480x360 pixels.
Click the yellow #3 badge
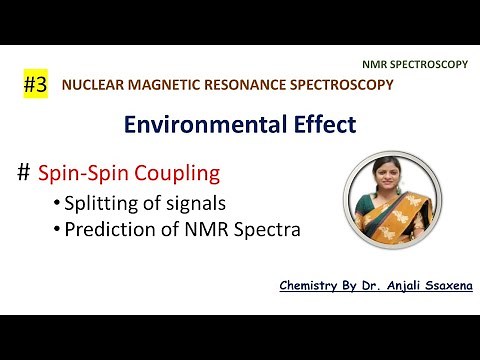36,85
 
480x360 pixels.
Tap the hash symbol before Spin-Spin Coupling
24,173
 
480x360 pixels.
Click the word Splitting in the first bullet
98,205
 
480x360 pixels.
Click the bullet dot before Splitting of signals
57,206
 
